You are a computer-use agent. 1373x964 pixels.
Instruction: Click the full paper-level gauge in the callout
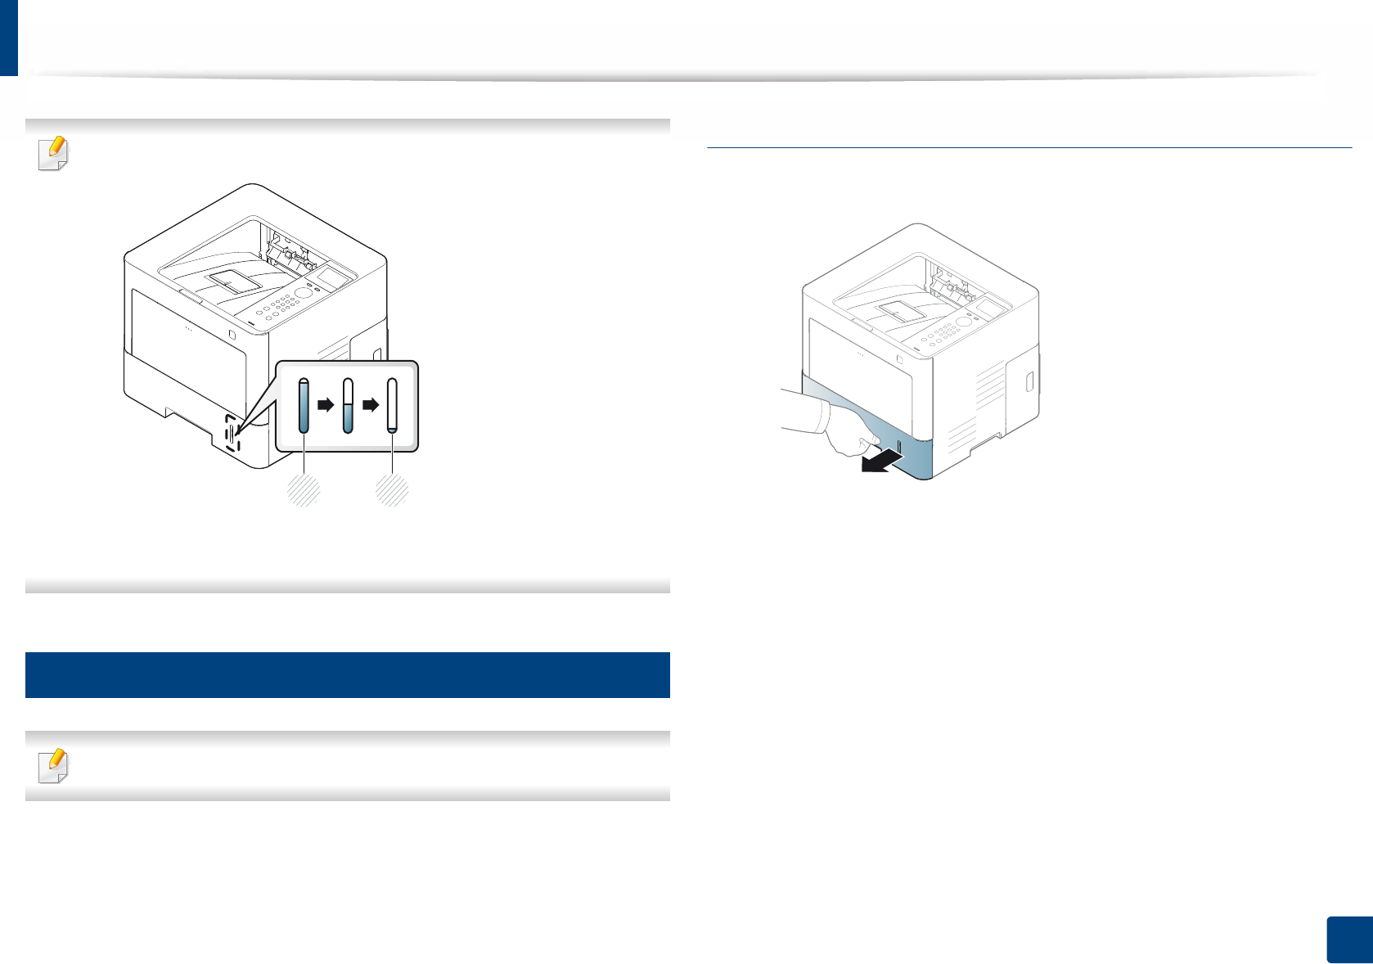click(x=304, y=405)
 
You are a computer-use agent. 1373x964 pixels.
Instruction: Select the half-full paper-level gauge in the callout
click(x=348, y=405)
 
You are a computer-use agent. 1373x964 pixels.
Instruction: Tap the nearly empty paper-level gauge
click(x=392, y=405)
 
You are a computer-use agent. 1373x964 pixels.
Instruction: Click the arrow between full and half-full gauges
click(x=326, y=404)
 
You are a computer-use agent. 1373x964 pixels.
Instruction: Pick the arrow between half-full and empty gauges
click(x=371, y=404)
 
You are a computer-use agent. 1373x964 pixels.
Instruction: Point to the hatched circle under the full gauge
click(x=304, y=490)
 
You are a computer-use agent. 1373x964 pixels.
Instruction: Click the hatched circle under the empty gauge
click(x=392, y=490)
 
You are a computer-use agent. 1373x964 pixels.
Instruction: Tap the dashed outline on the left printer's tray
click(x=232, y=435)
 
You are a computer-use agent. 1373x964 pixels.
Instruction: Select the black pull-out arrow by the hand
click(x=880, y=462)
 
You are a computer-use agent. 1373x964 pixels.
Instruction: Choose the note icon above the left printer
click(x=54, y=152)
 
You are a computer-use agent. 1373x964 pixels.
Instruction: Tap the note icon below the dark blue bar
click(x=54, y=765)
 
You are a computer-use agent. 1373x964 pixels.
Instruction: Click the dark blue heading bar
click(x=348, y=674)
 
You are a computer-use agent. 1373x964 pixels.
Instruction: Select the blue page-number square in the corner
click(x=1348, y=939)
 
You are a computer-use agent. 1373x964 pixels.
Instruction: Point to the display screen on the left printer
click(x=334, y=277)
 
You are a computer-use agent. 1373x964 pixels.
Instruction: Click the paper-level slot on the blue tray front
click(x=898, y=449)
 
